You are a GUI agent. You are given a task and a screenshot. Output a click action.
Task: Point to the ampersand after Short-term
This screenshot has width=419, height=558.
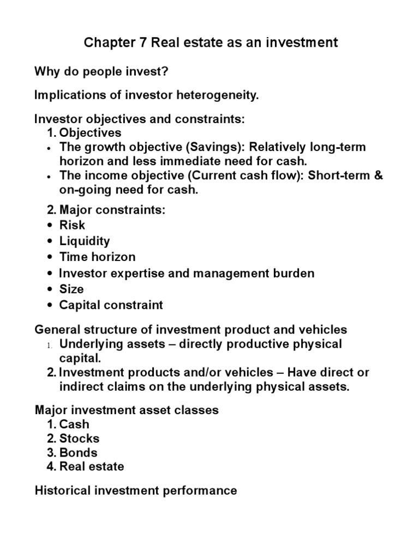pyautogui.click(x=379, y=175)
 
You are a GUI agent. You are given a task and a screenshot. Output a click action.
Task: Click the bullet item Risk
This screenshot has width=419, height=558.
pyautogui.click(x=72, y=225)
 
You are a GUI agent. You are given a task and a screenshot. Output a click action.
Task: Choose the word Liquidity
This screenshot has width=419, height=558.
pyautogui.click(x=85, y=241)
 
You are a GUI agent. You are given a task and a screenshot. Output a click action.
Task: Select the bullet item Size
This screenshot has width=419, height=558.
pyautogui.click(x=71, y=289)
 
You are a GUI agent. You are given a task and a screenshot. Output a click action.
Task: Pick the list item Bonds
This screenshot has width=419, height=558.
pyautogui.click(x=79, y=452)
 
